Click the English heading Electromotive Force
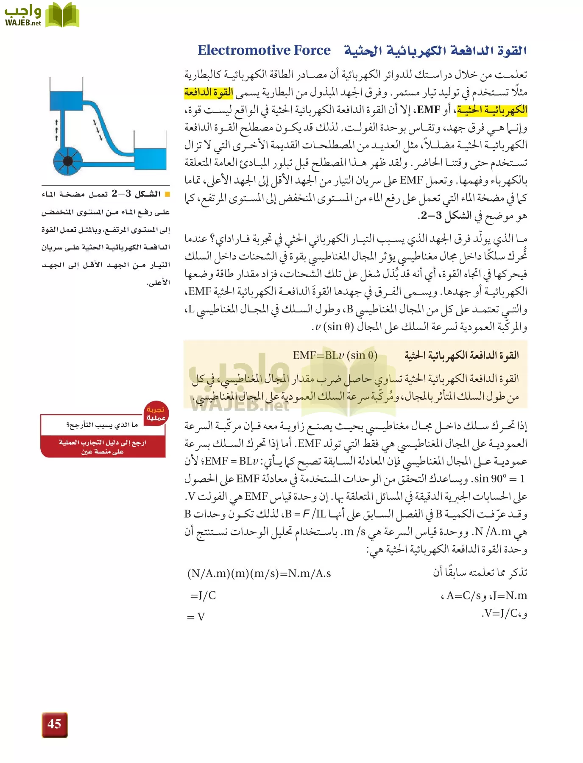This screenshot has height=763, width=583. pyautogui.click(x=264, y=50)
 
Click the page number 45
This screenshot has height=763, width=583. pyautogui.click(x=54, y=724)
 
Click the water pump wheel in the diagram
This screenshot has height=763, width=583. pyautogui.click(x=67, y=161)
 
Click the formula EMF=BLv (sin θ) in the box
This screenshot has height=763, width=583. pyautogui.click(x=335, y=355)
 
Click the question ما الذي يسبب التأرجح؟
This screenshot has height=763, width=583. pyautogui.click(x=102, y=425)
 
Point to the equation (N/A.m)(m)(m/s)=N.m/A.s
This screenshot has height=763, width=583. pyautogui.click(x=259, y=574)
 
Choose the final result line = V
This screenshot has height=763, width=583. pyautogui.click(x=196, y=617)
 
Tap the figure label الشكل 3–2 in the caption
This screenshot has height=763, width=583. pyautogui.click(x=136, y=194)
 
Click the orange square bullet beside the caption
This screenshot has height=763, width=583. pyautogui.click(x=167, y=194)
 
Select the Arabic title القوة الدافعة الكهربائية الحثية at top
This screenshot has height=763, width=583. pyautogui.click(x=435, y=51)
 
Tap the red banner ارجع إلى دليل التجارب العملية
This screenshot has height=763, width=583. pyautogui.click(x=102, y=447)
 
